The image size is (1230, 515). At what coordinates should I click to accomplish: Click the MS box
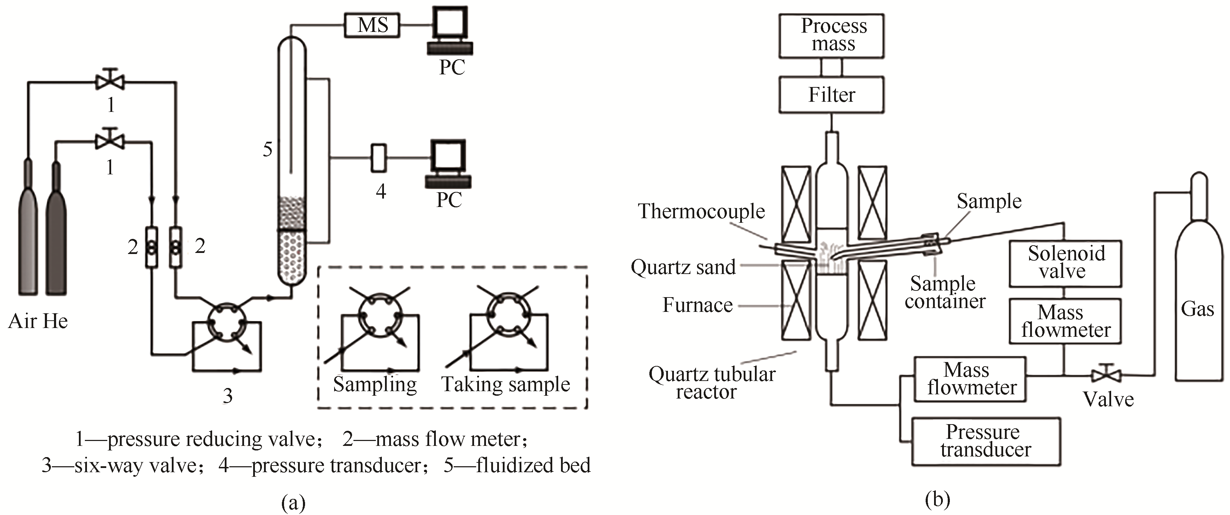(372, 25)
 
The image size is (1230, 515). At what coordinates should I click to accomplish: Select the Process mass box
(831, 36)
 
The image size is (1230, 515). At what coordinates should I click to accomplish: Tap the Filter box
(831, 95)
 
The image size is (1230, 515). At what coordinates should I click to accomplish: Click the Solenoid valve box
(1065, 263)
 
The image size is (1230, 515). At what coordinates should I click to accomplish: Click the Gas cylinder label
(1197, 309)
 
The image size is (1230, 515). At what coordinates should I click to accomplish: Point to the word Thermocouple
(701, 211)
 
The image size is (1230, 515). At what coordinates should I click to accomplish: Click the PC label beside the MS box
(452, 67)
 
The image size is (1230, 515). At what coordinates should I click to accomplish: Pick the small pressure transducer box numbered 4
(379, 158)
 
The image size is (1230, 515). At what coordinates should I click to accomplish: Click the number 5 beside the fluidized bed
(268, 149)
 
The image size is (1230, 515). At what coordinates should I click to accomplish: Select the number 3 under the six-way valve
(228, 396)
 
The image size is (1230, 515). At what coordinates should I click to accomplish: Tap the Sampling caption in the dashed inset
(375, 384)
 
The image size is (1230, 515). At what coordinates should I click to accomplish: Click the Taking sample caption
(505, 384)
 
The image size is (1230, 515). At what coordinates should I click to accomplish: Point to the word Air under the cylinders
(22, 321)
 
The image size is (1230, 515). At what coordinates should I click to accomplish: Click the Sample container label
(945, 292)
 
